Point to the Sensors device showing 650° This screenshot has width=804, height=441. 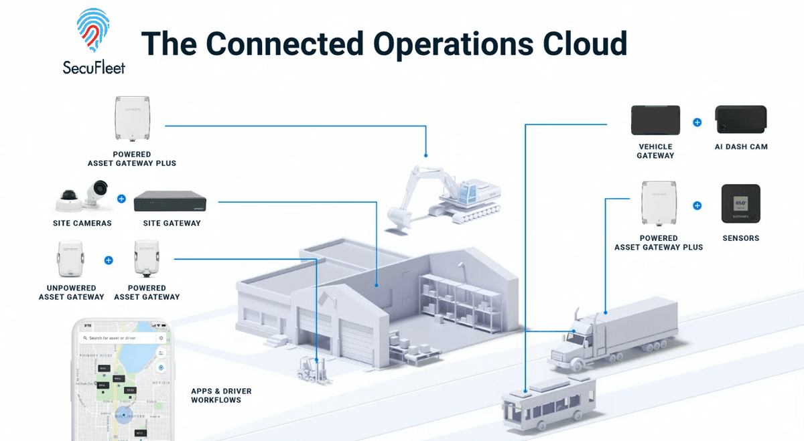tap(740, 203)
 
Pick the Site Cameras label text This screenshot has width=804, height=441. tap(82, 223)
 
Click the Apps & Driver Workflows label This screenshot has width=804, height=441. tap(221, 395)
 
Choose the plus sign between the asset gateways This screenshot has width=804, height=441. tap(109, 260)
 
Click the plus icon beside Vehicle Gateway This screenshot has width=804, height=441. tap(697, 122)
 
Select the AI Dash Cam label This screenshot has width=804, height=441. tap(740, 147)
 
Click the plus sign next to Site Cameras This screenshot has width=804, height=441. tap(121, 198)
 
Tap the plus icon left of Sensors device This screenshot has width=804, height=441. tap(697, 205)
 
